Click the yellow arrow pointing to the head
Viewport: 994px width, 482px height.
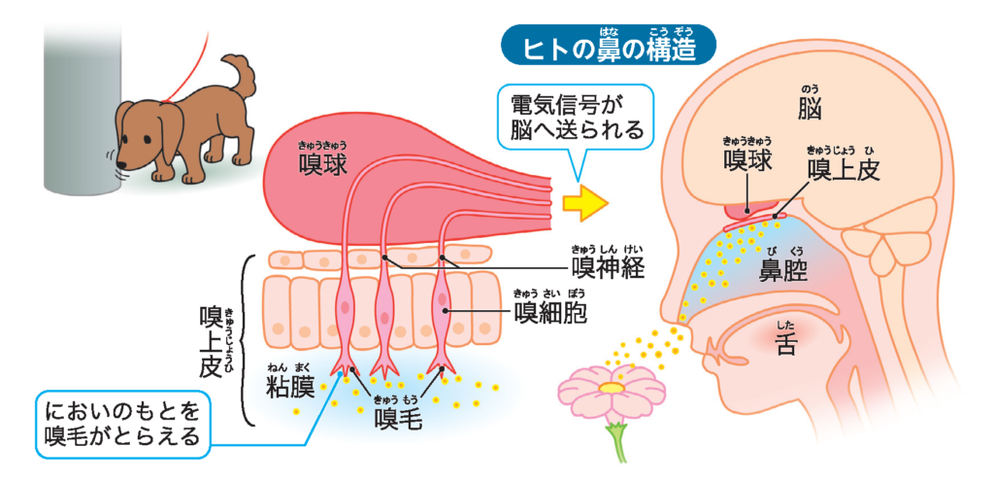(586, 201)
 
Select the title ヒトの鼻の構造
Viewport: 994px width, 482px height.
(607, 48)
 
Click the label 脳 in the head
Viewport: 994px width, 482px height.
(812, 107)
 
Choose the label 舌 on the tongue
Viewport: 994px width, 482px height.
(786, 344)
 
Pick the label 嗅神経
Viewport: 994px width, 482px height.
(607, 266)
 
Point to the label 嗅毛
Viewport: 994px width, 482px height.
(397, 419)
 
